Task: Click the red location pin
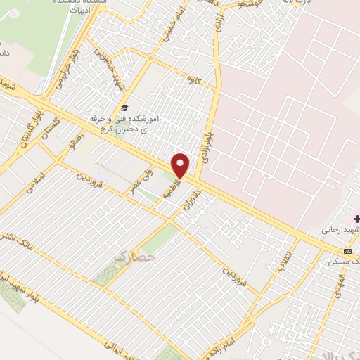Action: (x=181, y=165)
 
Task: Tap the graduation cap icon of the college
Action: (x=124, y=108)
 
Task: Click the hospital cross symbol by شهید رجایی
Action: (x=357, y=219)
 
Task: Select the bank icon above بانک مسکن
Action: (x=347, y=251)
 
